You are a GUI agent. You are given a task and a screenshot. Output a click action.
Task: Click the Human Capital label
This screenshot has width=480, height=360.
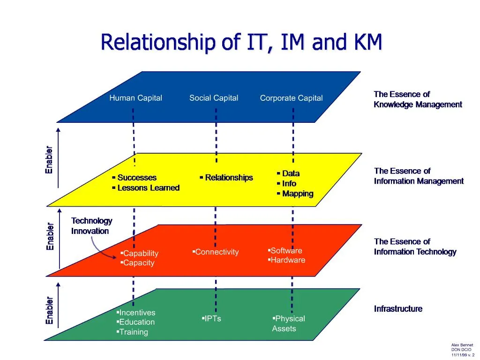pyautogui.click(x=135, y=98)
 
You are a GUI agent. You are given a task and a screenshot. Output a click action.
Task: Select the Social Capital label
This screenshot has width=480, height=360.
pyautogui.click(x=214, y=98)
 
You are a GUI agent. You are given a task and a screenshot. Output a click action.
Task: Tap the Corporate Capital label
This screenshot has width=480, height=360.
pyautogui.click(x=291, y=98)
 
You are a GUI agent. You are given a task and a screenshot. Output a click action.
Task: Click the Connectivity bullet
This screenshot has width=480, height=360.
pyautogui.click(x=216, y=252)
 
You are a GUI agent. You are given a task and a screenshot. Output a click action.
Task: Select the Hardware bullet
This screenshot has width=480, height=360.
pyautogui.click(x=287, y=260)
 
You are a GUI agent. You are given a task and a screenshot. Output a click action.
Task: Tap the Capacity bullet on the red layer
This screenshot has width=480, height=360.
pyautogui.click(x=138, y=263)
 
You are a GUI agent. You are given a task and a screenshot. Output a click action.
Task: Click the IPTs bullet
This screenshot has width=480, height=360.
pyautogui.click(x=212, y=319)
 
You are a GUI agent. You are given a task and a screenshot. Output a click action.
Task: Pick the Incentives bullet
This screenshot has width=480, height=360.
pyautogui.click(x=136, y=313)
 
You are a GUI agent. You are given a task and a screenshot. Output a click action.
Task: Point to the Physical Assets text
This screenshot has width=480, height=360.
pyautogui.click(x=288, y=323)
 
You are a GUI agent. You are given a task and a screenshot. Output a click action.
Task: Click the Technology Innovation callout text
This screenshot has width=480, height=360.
pyautogui.click(x=91, y=226)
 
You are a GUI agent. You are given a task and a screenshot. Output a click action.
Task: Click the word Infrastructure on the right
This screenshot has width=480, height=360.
pyautogui.click(x=398, y=309)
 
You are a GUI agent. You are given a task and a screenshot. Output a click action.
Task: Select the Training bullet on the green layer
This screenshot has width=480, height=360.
pyautogui.click(x=133, y=332)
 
